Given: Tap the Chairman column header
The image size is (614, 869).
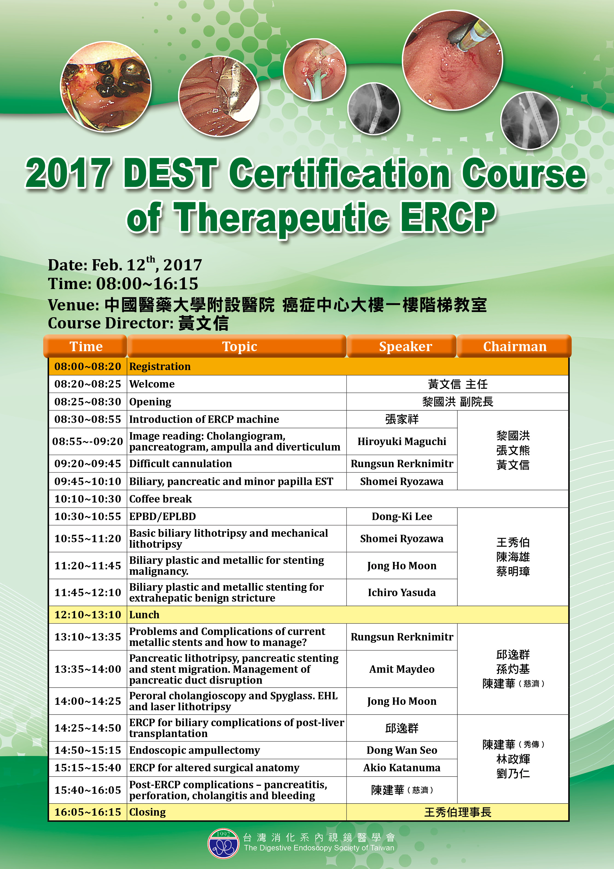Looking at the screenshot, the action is coord(514,346).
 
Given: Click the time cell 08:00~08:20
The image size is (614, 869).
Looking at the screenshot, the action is coord(88,366).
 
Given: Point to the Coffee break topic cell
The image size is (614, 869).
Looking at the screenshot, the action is coord(160,499).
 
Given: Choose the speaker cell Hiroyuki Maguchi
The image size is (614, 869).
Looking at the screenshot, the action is coord(402,441).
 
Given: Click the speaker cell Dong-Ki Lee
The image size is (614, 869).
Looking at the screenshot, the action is coord(402,516).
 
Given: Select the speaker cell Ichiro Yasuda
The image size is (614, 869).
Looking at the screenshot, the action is coord(402,592).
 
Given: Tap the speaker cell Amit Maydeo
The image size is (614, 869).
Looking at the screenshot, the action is coord(402,669).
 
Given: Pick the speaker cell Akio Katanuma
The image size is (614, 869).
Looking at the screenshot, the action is coord(402,767).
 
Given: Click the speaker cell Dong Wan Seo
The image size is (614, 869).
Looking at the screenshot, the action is coord(402,750).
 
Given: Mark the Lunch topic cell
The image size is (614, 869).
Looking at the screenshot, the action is coord(144,615).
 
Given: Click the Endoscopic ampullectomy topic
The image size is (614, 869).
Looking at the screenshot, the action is coord(194,750).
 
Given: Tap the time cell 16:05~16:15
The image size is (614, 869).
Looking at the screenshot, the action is coord(88,812).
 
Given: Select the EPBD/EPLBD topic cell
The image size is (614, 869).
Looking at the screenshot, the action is coord(163,516).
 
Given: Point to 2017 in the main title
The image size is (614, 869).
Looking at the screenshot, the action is coord(68,173).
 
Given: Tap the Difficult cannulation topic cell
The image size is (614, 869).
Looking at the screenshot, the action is coord(181,464).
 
